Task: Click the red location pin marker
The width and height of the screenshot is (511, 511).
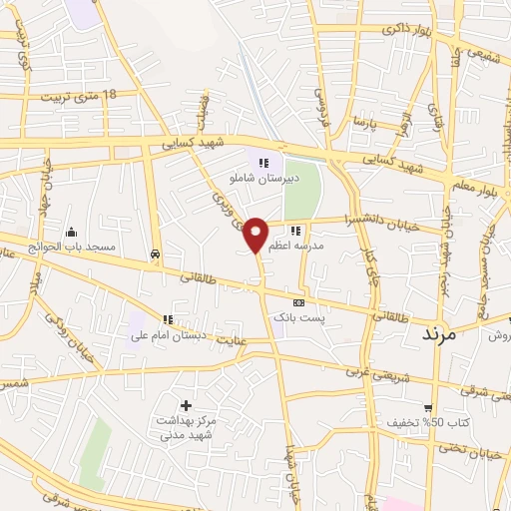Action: [256, 234]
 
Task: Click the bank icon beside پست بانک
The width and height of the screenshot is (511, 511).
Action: [297, 302]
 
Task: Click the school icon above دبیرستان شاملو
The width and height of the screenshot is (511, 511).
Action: [263, 162]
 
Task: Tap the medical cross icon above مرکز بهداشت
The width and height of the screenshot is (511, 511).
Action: [186, 405]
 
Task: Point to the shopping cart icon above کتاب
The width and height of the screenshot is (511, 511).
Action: [427, 407]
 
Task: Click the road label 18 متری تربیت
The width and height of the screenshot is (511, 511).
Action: [80, 97]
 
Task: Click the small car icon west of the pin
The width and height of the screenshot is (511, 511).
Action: [156, 254]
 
